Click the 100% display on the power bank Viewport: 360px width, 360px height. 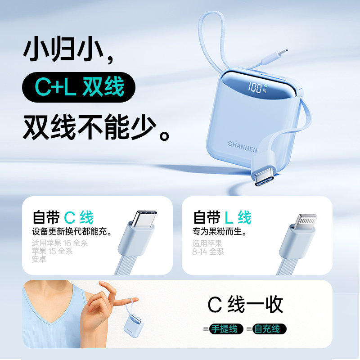257,88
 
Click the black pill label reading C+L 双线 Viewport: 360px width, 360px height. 79,87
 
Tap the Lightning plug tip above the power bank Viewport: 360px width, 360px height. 283,53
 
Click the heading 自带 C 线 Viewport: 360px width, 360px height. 63,217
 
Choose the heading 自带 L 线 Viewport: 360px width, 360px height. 222,217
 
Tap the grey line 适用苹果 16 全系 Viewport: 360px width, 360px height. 60,243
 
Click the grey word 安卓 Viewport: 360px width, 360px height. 39,259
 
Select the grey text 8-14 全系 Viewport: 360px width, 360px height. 208,252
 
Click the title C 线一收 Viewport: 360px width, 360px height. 245,305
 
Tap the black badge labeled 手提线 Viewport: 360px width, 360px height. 226,329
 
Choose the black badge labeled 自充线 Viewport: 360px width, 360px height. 269,329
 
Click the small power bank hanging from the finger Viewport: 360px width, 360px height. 134,325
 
